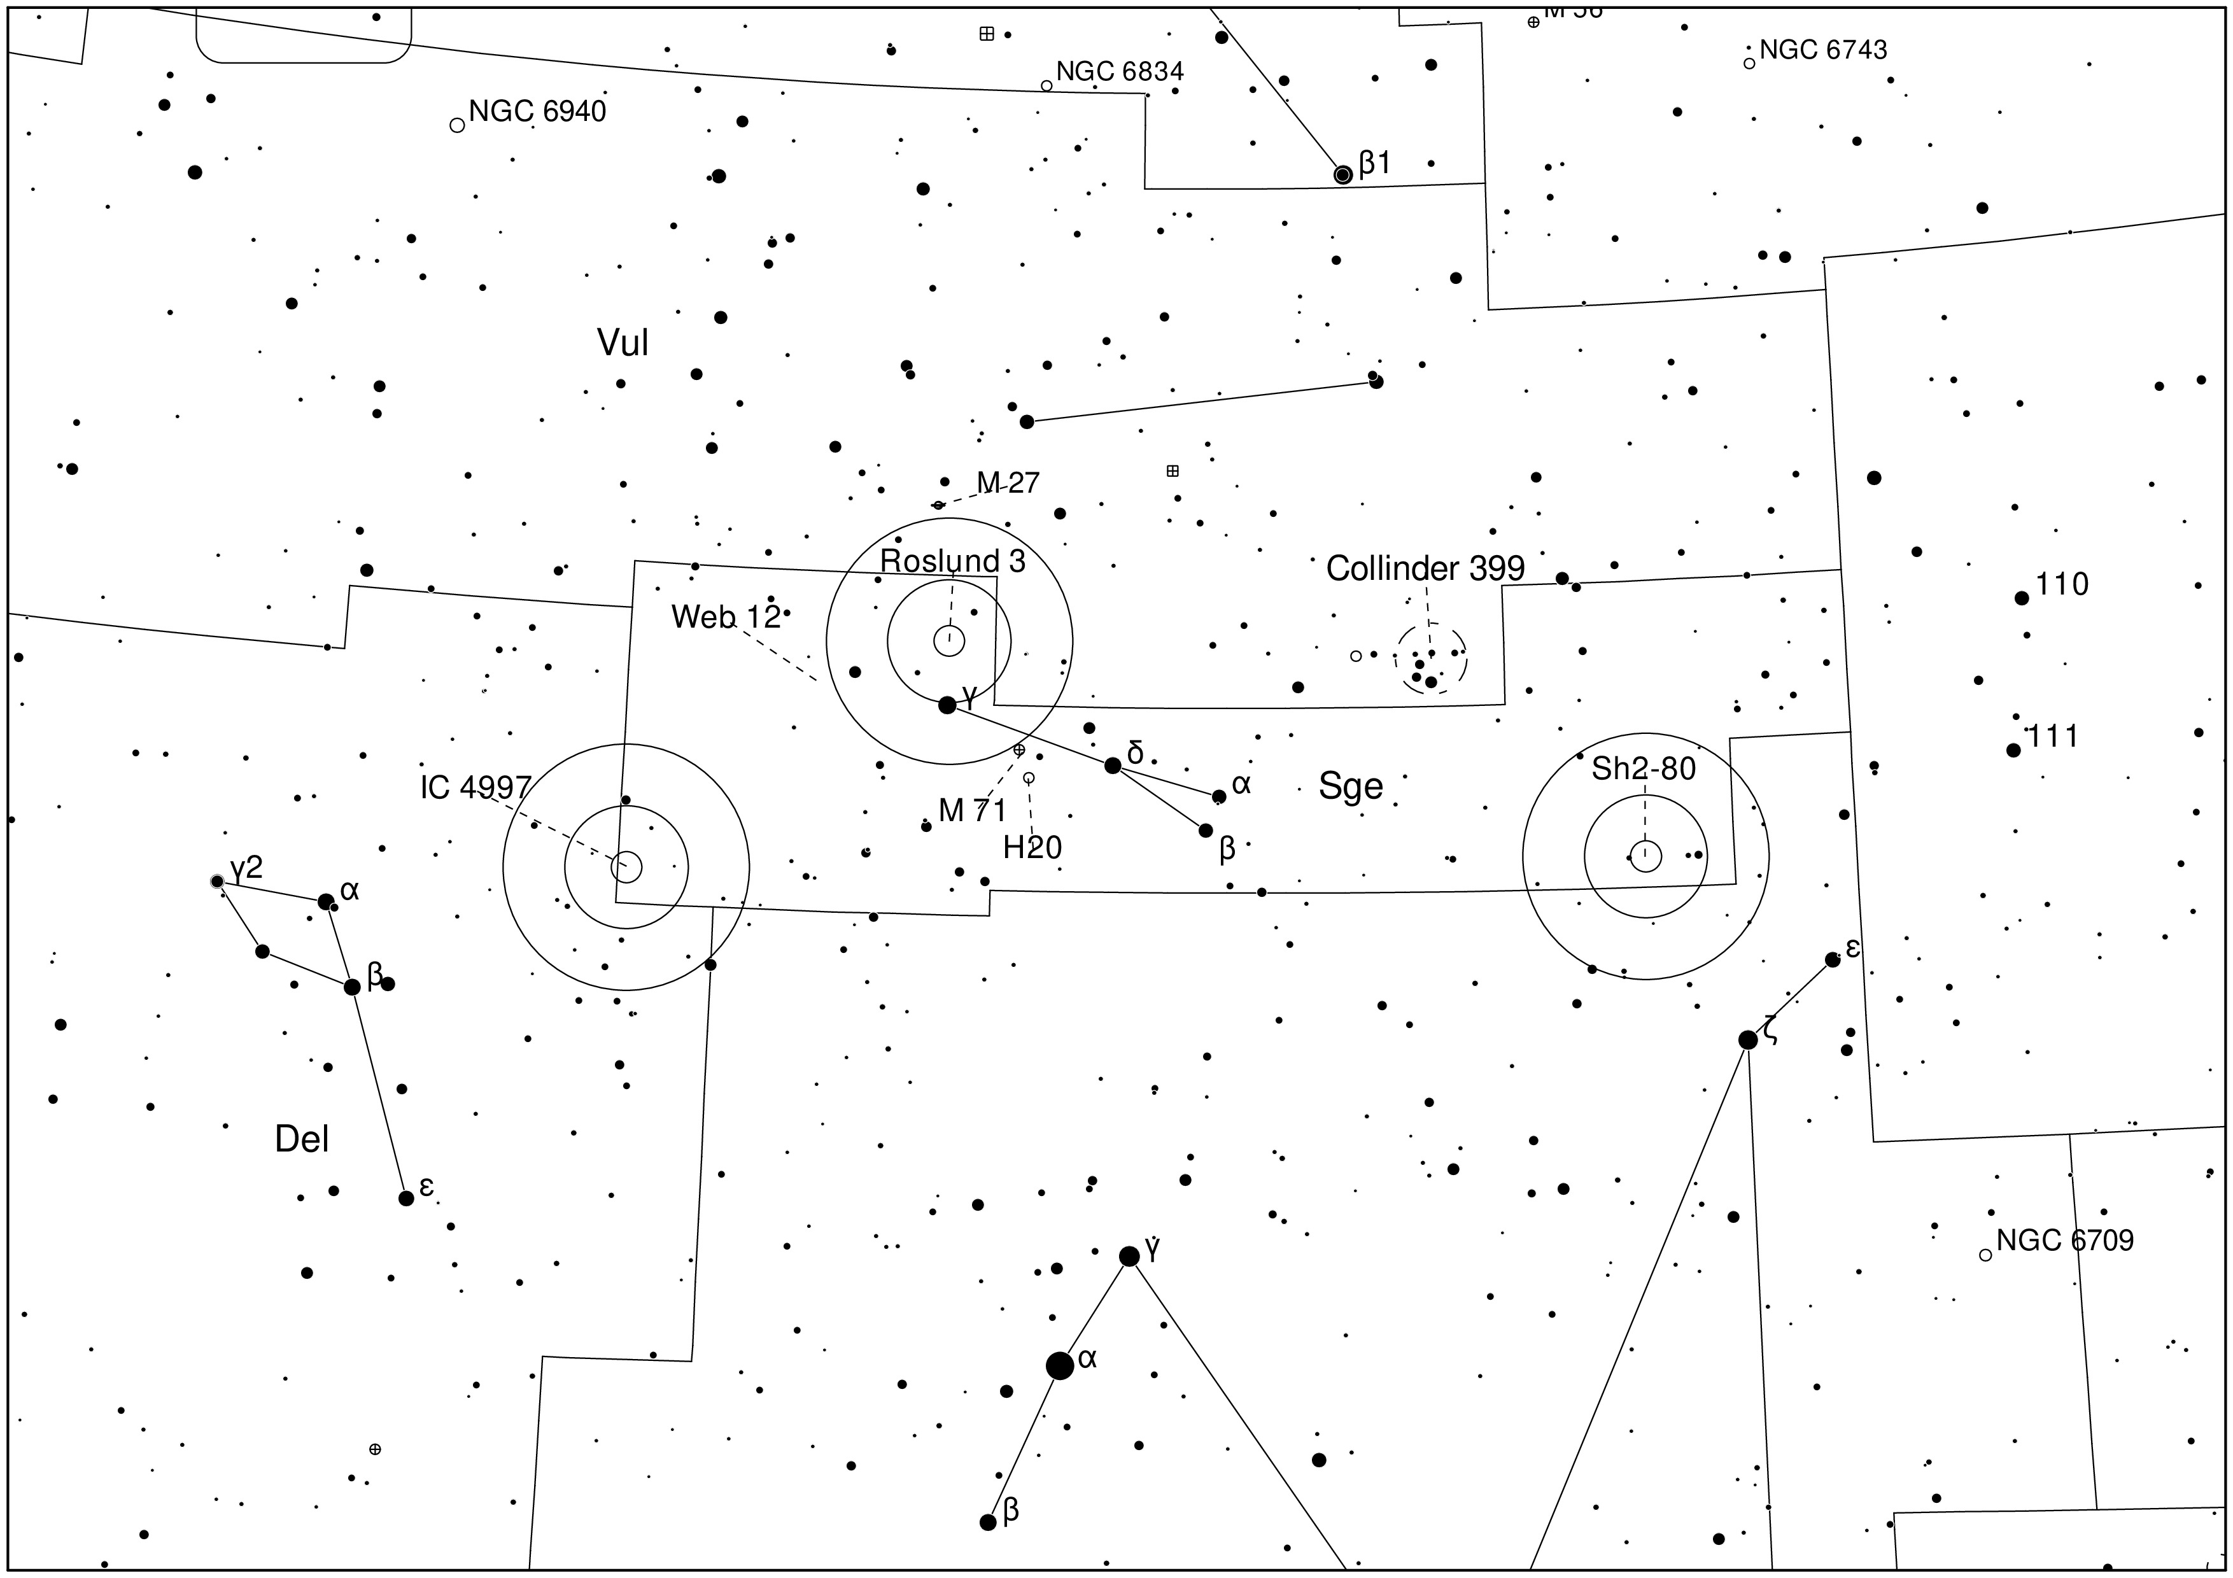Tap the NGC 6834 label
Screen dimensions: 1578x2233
tap(1120, 72)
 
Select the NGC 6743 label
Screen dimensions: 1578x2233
tap(1822, 50)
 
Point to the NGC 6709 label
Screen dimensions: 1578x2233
tap(2065, 1241)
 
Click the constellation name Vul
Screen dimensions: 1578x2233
tap(623, 342)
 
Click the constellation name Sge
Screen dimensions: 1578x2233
tap(1350, 785)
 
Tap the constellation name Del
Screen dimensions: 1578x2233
tap(302, 1139)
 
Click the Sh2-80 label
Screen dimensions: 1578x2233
tap(1644, 769)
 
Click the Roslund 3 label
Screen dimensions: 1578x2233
tap(952, 561)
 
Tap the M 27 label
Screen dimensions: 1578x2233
tap(1008, 483)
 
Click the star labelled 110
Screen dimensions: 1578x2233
tap(2021, 598)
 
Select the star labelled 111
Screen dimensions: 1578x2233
tap(2012, 750)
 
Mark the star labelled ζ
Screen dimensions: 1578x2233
tap(1748, 1039)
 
